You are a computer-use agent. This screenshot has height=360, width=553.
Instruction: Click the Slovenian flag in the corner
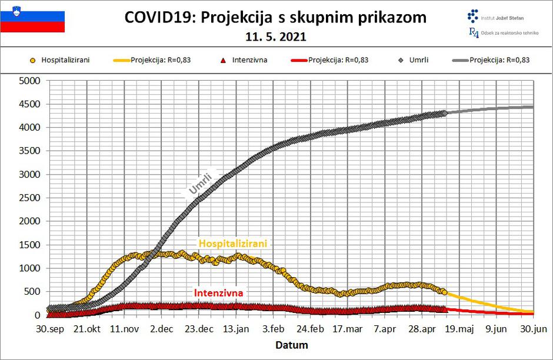(x=32, y=21)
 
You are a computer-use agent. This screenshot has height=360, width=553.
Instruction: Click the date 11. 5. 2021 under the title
(x=276, y=36)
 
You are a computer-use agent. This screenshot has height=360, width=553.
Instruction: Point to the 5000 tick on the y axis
(x=30, y=81)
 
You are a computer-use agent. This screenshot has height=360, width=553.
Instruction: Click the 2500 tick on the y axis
(x=30, y=198)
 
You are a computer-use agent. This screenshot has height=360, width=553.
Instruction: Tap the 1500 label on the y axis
(x=30, y=245)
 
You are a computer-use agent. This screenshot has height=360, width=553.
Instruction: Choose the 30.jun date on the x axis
(x=533, y=329)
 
